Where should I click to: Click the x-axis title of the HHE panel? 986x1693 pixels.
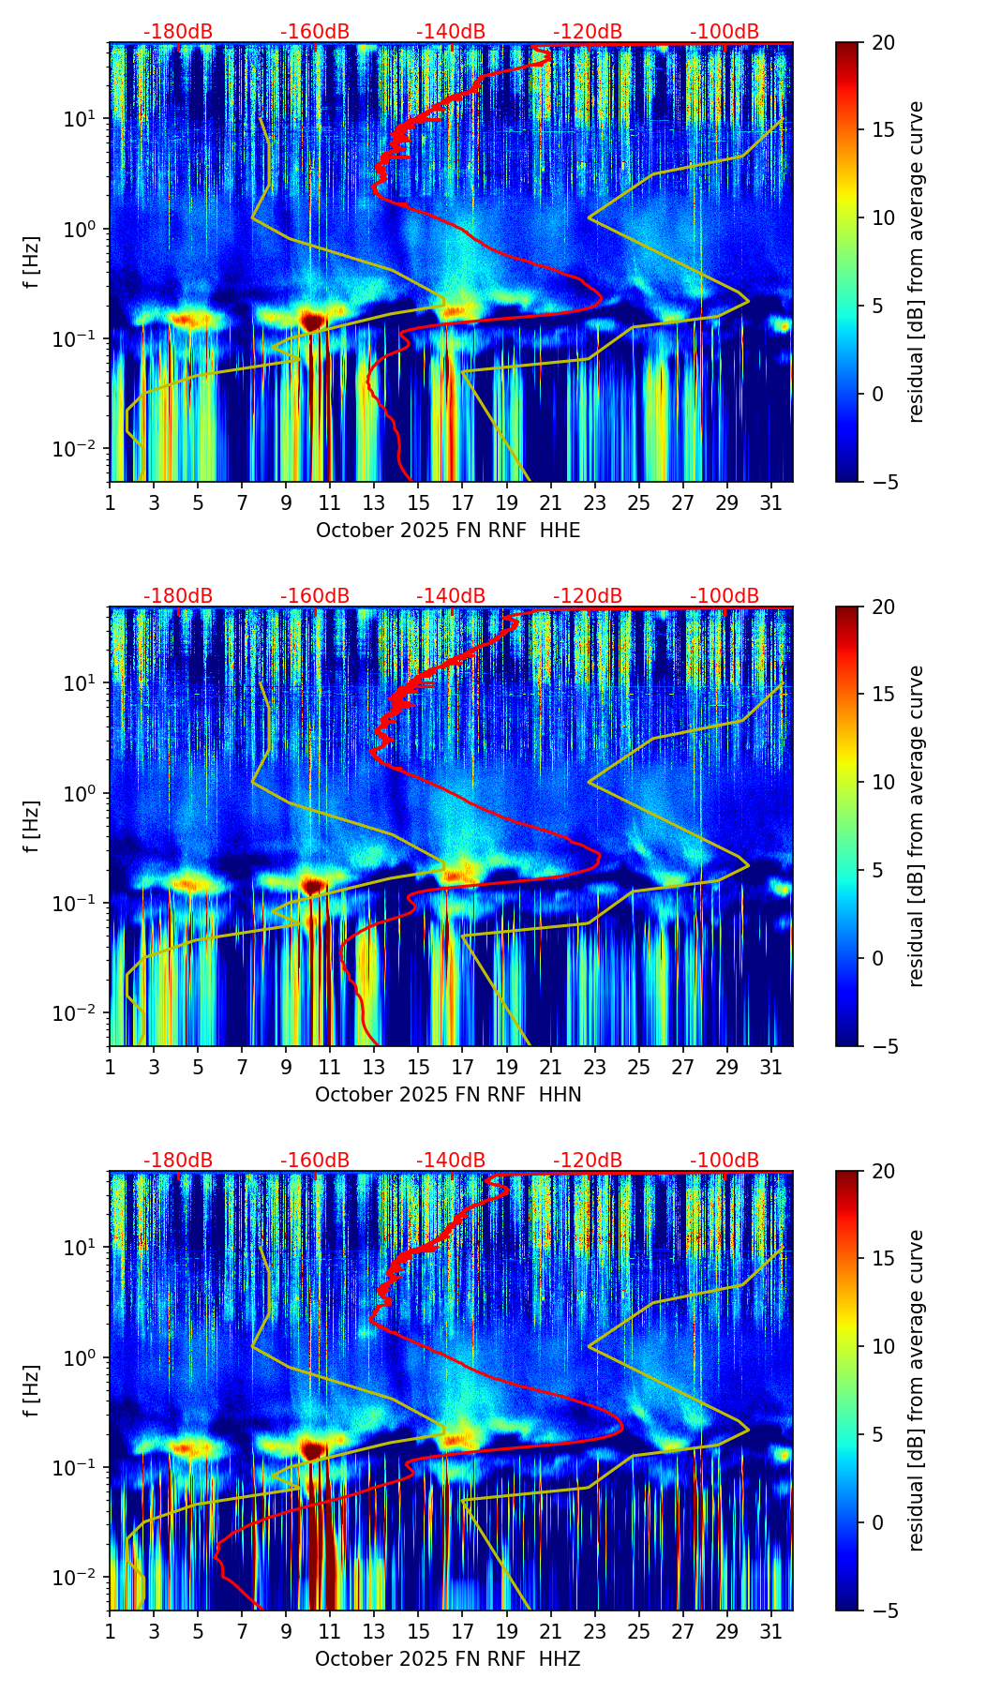coord(448,531)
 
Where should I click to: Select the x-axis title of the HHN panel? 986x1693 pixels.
coord(448,1095)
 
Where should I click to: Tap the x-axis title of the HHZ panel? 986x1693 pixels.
coord(448,1659)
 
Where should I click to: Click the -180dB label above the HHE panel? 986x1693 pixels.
coord(178,32)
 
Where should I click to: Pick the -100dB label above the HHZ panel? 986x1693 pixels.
coord(725,1161)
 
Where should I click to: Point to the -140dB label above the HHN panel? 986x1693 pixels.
coord(451,596)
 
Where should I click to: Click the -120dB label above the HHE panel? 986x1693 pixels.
coord(588,32)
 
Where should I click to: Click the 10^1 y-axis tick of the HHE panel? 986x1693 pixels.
coord(84,119)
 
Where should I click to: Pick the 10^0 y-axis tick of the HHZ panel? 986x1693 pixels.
coord(84,1357)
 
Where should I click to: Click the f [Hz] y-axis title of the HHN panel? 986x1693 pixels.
coord(32,826)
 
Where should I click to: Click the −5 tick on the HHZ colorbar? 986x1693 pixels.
coord(883,1611)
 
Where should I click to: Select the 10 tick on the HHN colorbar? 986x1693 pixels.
coord(883,782)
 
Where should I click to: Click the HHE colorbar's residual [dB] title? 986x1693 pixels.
coord(917,262)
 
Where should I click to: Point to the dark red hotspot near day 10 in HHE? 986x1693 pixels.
coord(312,321)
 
